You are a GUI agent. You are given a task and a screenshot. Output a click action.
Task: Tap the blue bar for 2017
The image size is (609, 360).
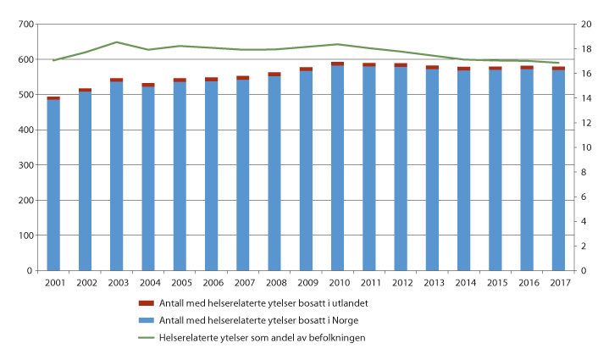(557, 169)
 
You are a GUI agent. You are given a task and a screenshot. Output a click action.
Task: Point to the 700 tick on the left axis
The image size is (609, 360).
(27, 25)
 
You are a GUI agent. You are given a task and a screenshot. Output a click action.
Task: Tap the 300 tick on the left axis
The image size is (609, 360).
(27, 165)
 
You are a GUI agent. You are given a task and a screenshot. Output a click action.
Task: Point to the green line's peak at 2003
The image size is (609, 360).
(117, 42)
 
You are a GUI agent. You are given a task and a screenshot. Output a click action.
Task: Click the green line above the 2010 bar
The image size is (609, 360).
(337, 44)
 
